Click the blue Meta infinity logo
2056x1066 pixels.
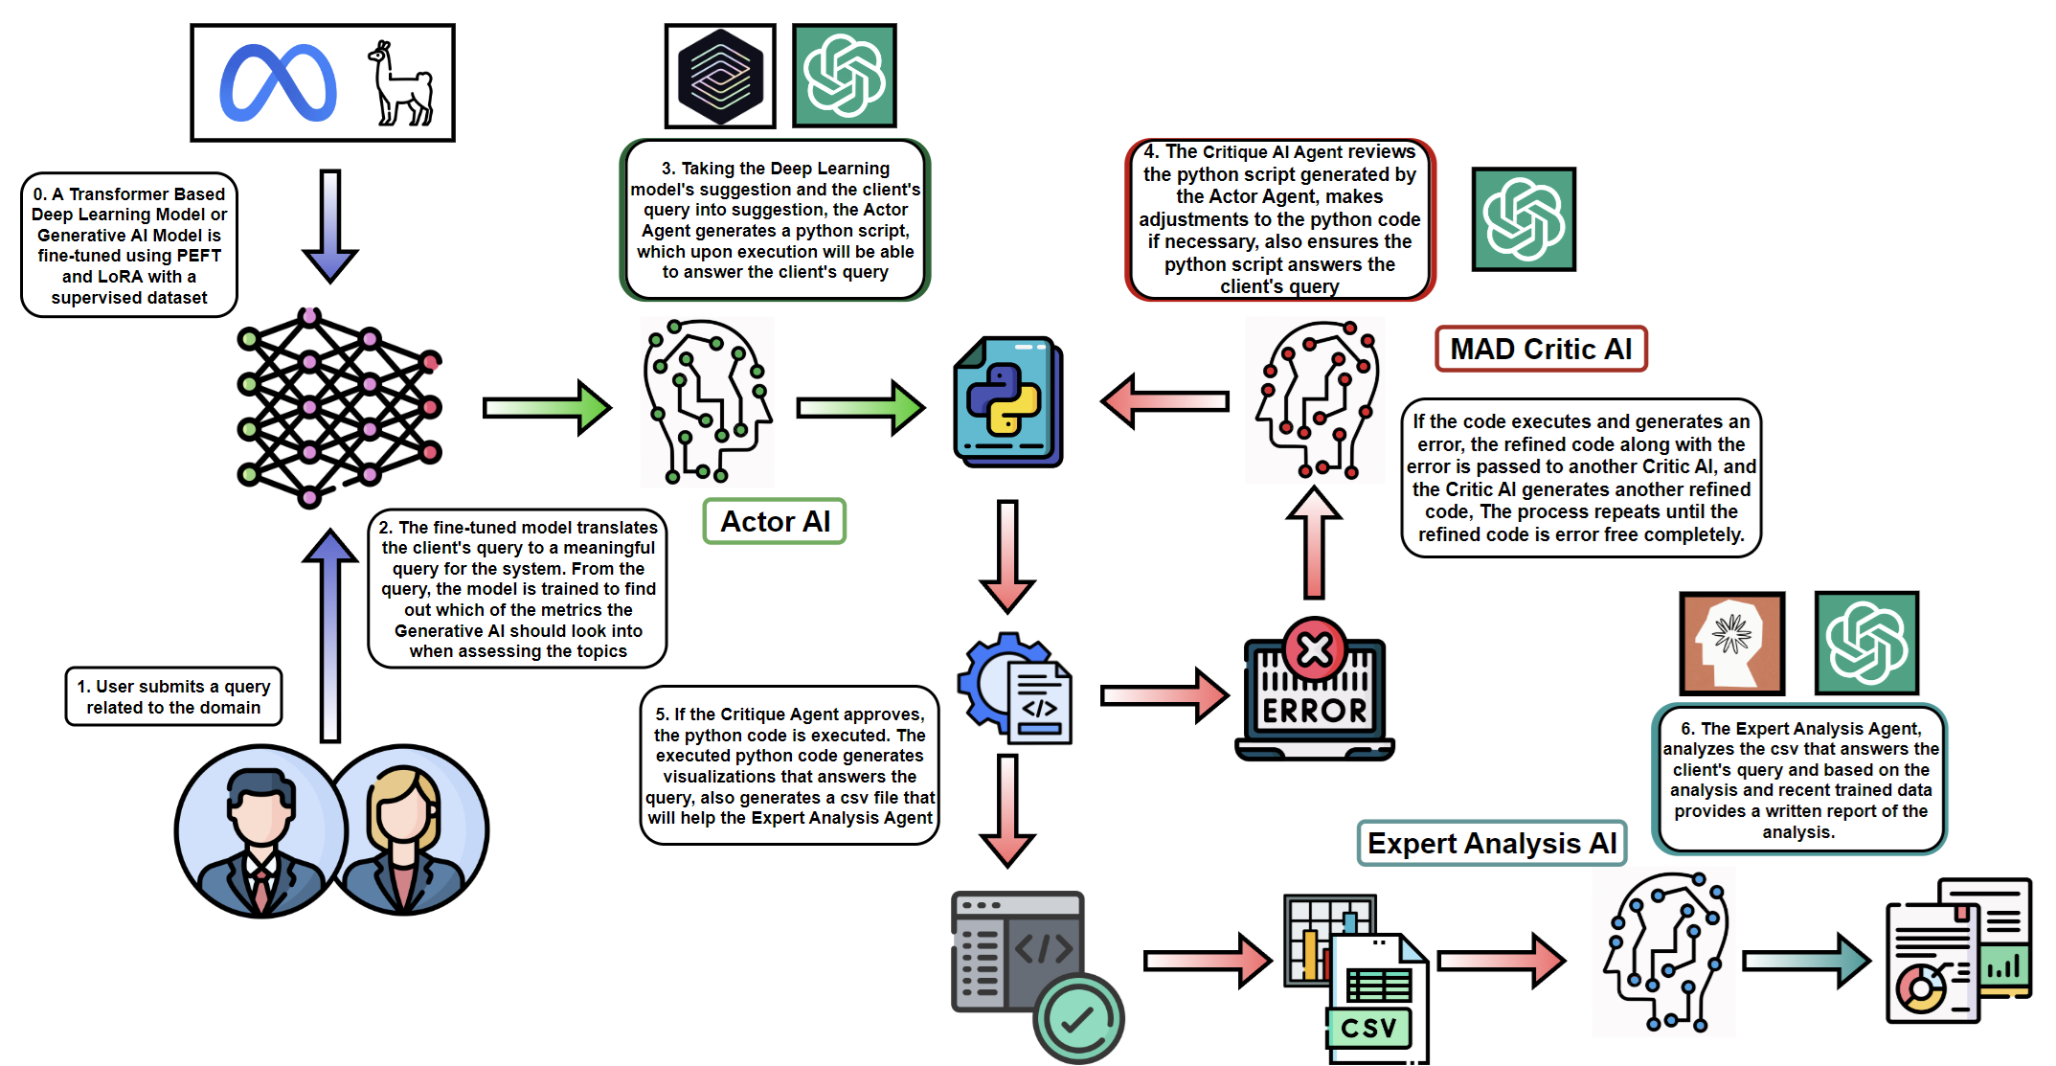(x=278, y=83)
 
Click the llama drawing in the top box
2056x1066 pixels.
(x=400, y=84)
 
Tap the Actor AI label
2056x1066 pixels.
(x=775, y=522)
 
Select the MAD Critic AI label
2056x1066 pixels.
(x=1540, y=349)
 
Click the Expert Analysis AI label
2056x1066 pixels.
(x=1491, y=843)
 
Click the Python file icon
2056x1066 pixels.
(x=1007, y=402)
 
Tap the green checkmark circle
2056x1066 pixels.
(x=1078, y=1019)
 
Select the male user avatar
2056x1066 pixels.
(x=260, y=831)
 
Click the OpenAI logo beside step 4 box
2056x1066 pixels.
(x=1523, y=219)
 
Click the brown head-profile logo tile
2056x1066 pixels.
(x=1731, y=643)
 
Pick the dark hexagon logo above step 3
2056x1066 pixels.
(x=720, y=77)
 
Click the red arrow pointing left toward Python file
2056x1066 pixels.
(x=1164, y=400)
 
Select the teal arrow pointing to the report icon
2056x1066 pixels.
(x=1804, y=960)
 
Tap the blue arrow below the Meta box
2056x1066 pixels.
(x=330, y=226)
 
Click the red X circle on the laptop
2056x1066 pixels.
(x=1315, y=649)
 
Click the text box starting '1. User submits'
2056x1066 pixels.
(x=173, y=696)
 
